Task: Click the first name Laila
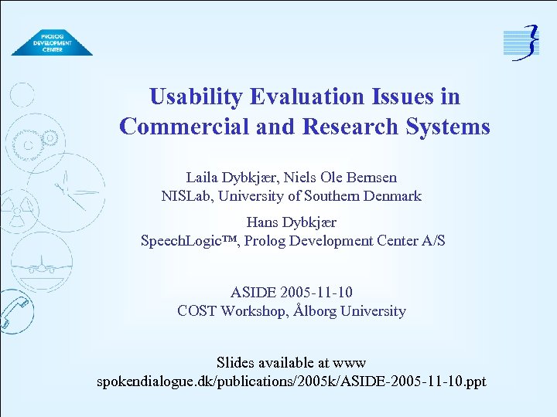[x=202, y=177]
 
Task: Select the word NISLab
[x=186, y=196]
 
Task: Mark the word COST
[x=197, y=311]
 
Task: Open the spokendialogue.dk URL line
[x=291, y=381]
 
